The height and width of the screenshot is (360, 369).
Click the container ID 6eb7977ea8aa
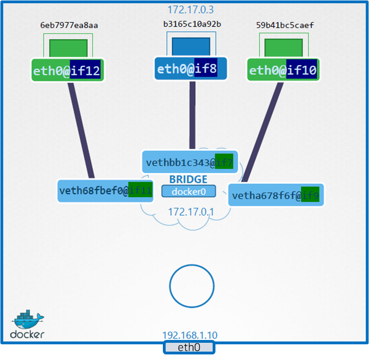point(69,25)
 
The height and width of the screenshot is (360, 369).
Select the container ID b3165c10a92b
point(192,24)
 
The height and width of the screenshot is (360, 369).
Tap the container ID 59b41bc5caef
point(285,25)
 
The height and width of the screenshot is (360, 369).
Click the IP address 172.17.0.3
point(191,9)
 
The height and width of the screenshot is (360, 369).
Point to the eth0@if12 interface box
point(67,71)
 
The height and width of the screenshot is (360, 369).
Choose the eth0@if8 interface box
point(190,69)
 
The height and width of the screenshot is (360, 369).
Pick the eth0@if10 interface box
point(283,71)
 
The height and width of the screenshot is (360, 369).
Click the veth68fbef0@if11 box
point(106,190)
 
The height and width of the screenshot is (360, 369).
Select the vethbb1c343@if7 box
point(189,163)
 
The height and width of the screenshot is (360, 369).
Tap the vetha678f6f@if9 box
point(275,195)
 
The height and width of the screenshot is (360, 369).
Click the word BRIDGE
point(188,179)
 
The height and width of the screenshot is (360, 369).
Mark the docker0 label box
point(189,191)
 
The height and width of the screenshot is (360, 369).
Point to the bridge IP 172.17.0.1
point(191,212)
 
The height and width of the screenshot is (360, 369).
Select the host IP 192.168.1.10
point(189,335)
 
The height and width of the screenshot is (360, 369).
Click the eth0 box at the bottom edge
point(188,347)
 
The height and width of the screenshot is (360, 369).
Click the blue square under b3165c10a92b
point(191,47)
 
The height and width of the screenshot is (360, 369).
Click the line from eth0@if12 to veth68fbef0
point(82,130)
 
